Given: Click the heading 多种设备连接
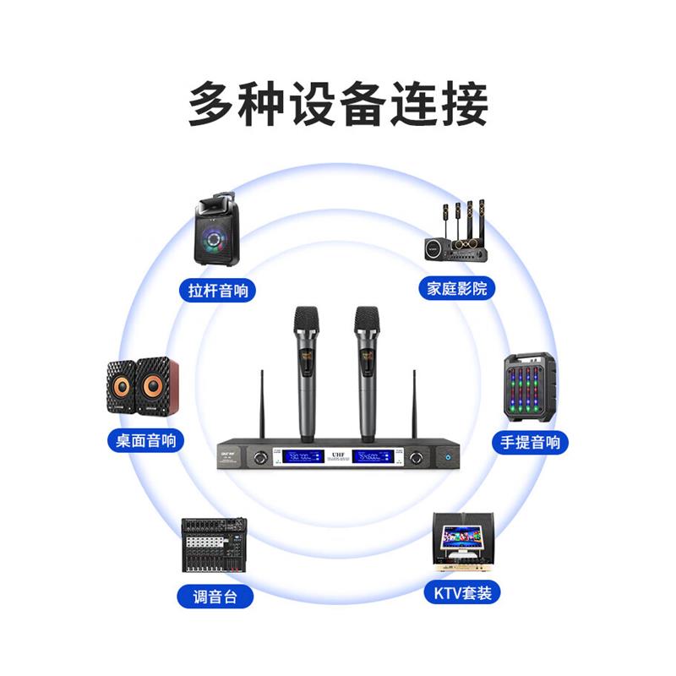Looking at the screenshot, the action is (338, 104).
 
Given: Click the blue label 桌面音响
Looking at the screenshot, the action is (145, 440).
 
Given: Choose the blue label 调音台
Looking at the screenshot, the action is (215, 596).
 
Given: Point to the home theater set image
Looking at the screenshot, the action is (456, 232).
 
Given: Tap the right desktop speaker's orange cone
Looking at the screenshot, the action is (153, 388).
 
